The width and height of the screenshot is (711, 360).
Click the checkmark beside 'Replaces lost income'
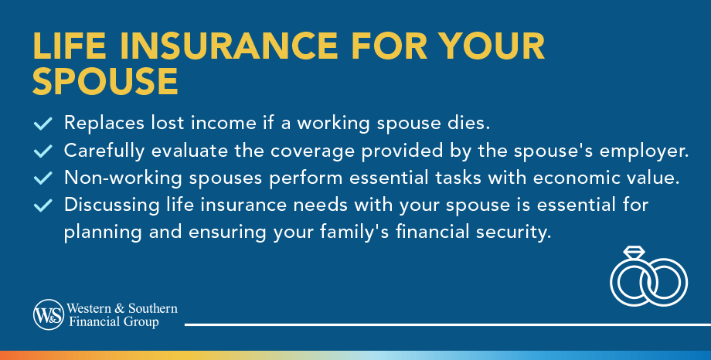click(44, 124)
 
